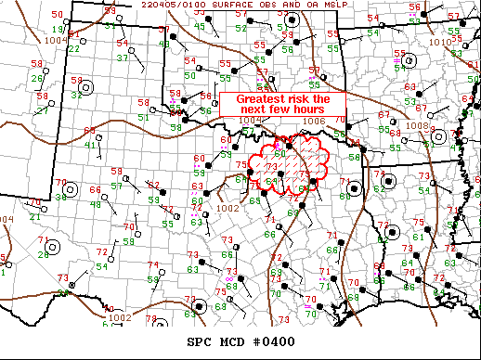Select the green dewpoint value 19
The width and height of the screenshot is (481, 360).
46,31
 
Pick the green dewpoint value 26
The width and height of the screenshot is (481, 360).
39,77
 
